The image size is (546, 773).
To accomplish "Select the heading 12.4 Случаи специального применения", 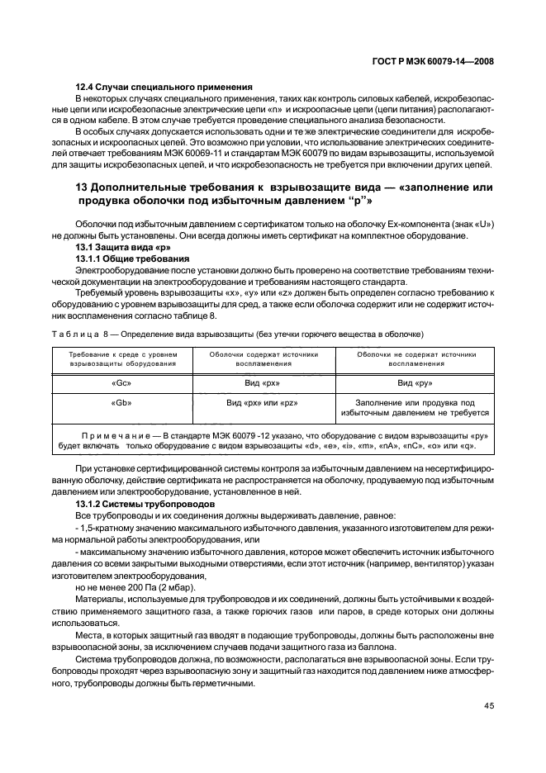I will (x=152, y=87).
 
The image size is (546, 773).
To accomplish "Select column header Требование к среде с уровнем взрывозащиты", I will (x=121, y=358).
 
